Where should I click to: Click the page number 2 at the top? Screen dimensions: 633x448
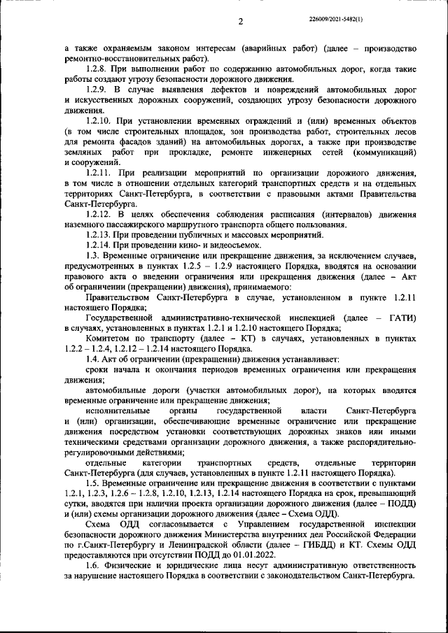(240, 22)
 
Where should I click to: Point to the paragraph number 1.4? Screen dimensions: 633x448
(92, 357)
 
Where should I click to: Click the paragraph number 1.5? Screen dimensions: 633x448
(92, 483)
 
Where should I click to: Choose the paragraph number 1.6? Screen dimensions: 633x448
(92, 564)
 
